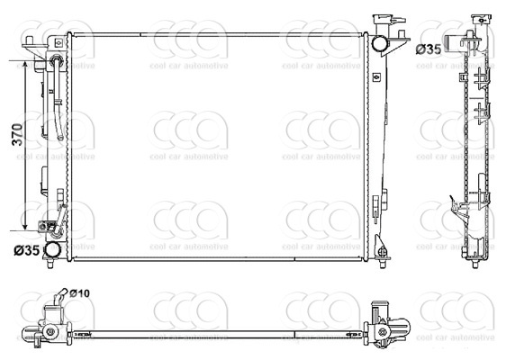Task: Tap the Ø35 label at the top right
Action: [429, 49]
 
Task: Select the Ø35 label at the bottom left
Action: [26, 250]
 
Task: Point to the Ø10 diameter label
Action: [79, 293]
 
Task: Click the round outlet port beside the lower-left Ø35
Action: [54, 249]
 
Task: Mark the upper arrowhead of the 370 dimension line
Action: [25, 66]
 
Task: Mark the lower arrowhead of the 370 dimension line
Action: [25, 228]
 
